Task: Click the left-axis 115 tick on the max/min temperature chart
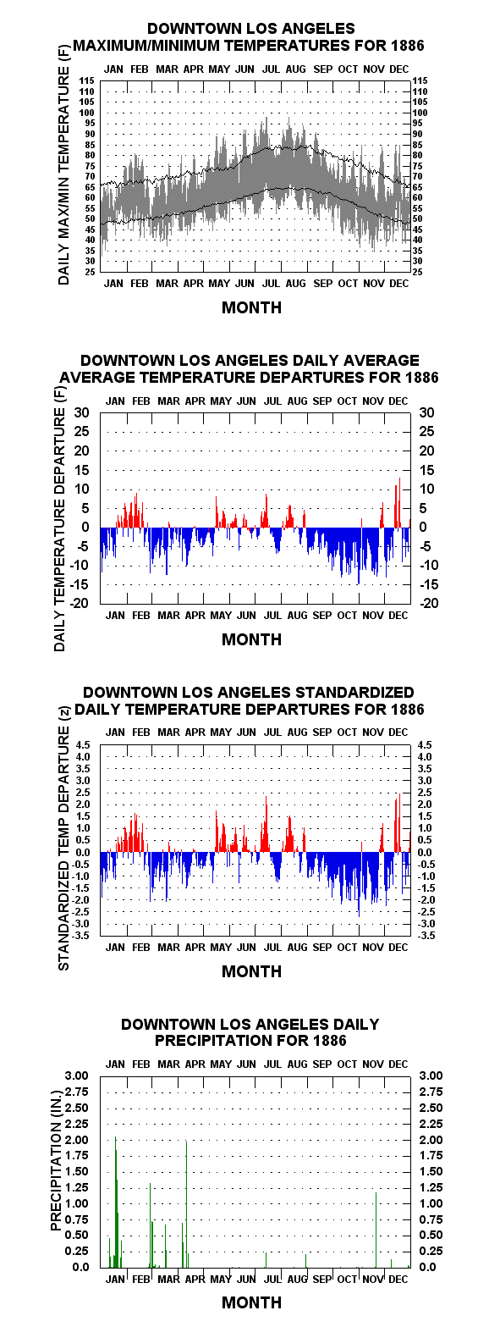coord(87,80)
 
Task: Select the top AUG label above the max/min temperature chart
coord(295,69)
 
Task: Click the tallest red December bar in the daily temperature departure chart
coord(399,501)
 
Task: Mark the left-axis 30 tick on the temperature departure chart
coord(81,412)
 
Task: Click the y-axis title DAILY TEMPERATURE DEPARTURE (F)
coord(60,520)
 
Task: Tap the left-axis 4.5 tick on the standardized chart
coord(83,745)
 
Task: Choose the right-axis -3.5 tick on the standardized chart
coord(426,936)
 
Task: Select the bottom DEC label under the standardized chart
coord(398,948)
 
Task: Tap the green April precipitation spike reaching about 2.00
coord(186,1204)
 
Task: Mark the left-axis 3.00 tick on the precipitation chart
coord(77,1075)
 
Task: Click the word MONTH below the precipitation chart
coord(251,1302)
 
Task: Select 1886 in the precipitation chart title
coord(329,1041)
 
